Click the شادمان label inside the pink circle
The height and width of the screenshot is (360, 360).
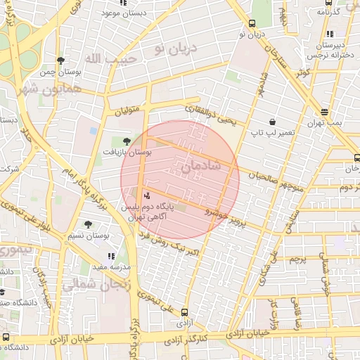point(200,166)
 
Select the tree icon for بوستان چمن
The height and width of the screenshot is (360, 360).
point(61,60)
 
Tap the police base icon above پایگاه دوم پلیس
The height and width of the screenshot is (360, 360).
point(146,195)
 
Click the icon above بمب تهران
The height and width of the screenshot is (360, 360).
point(324,112)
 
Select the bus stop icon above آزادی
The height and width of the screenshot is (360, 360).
point(184,312)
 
